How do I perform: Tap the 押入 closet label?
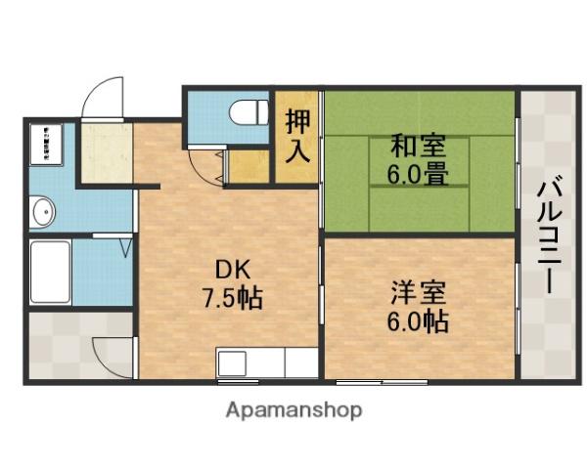[x=297, y=135]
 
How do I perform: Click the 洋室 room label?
[x=418, y=292]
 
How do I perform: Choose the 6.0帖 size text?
[x=418, y=321]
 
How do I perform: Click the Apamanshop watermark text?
[x=294, y=409]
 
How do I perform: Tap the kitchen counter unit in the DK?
[x=265, y=363]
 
